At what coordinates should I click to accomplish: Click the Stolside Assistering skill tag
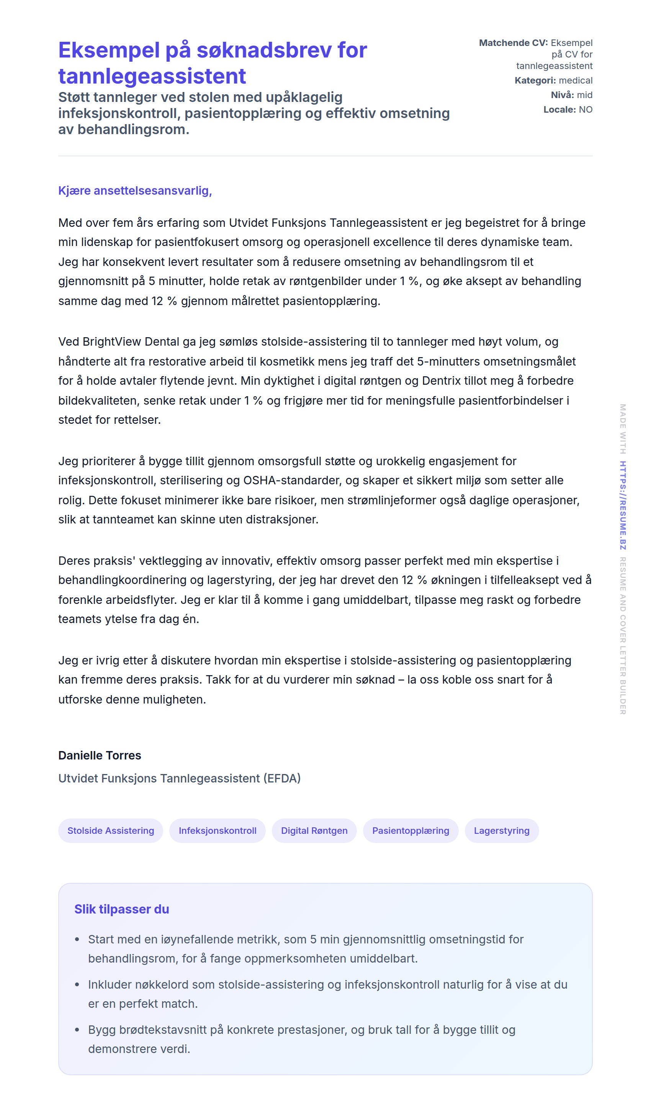111,830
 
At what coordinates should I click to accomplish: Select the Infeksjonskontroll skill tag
218,830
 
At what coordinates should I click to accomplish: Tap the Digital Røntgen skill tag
314,830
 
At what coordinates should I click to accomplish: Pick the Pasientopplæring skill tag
411,830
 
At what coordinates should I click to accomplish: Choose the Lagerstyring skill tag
502,830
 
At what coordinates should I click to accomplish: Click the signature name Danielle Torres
100,756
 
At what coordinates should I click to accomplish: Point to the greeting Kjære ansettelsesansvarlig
135,190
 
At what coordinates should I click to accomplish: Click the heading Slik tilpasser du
122,909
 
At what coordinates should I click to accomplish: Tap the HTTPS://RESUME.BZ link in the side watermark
622,505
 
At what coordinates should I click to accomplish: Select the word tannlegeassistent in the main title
152,76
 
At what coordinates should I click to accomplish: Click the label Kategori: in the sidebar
535,80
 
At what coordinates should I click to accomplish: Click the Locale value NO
586,110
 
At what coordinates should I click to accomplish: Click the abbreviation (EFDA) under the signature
282,778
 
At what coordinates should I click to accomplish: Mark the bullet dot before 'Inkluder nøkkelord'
77,984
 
